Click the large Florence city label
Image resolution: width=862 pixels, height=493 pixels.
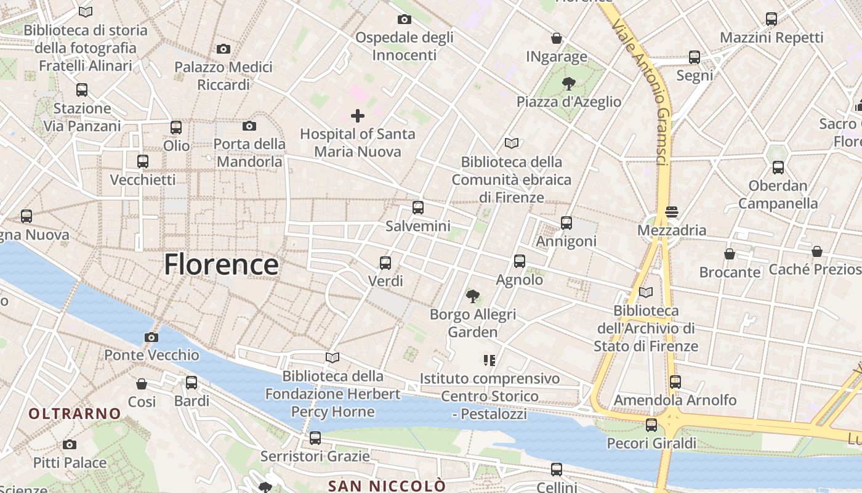point(221,264)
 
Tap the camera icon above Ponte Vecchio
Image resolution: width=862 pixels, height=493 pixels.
point(151,337)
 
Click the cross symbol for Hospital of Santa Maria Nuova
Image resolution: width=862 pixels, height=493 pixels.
point(358,115)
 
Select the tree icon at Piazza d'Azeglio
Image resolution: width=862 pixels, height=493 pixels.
point(568,84)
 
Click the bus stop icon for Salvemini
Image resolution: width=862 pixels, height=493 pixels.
point(418,208)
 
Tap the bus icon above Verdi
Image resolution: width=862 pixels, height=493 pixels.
point(385,263)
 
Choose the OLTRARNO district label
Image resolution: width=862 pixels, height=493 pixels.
point(75,414)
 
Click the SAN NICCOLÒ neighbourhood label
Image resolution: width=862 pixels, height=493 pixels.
point(387,486)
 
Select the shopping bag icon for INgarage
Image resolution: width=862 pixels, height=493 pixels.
point(557,38)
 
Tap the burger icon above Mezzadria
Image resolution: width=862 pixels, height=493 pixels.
point(672,212)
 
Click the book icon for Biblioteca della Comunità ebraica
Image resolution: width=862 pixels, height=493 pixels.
point(512,143)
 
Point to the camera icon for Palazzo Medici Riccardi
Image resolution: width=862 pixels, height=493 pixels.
point(224,49)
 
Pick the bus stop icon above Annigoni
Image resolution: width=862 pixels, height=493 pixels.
point(566,222)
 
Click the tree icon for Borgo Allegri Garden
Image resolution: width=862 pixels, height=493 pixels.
point(473,296)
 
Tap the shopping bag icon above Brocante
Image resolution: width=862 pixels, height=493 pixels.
point(730,254)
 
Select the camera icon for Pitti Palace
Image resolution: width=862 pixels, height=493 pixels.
point(70,444)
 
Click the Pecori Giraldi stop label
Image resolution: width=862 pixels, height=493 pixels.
point(651,443)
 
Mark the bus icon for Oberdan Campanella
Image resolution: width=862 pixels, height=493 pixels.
point(778,167)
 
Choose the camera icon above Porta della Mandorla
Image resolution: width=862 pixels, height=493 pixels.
point(249,126)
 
